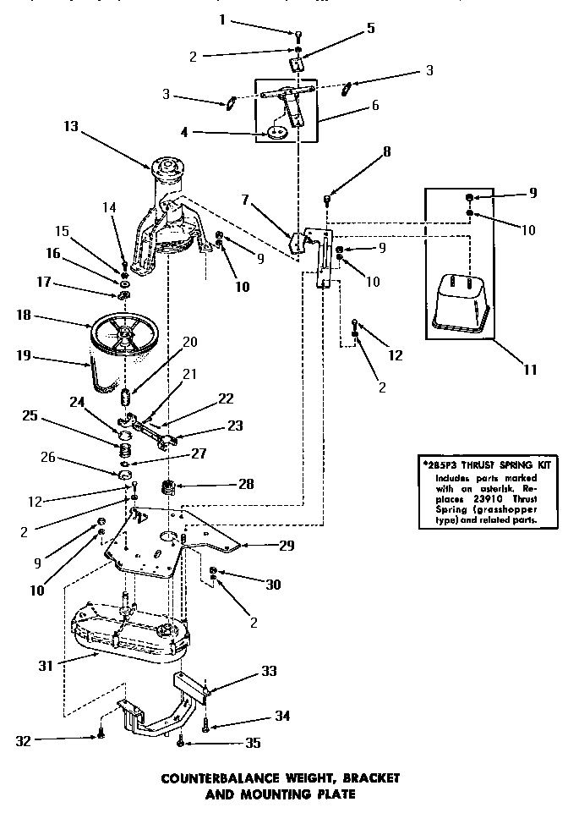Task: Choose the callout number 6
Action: tap(374, 107)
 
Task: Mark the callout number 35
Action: tap(254, 744)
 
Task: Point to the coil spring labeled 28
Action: tap(169, 488)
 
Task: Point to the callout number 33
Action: tap(269, 673)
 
